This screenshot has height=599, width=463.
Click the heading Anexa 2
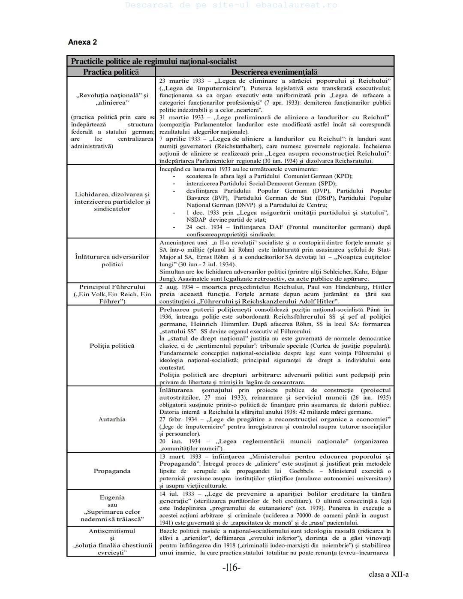coord(82,42)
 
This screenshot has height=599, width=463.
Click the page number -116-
coord(231,568)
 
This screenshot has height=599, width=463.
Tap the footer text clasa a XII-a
coord(388,574)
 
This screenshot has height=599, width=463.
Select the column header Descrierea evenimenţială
coord(274,72)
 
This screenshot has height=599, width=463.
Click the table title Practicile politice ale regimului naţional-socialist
coord(154,61)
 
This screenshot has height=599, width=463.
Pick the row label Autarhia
coord(112,419)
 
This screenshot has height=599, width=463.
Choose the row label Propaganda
coord(112,471)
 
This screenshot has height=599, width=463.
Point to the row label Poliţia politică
coord(112,346)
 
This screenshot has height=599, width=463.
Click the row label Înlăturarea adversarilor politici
coord(112,260)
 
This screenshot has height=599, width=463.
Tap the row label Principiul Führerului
coord(112,287)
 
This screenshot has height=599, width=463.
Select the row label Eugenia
coord(112,497)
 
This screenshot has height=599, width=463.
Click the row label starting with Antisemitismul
coord(112,531)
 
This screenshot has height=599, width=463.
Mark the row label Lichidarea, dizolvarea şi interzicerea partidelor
coord(112,202)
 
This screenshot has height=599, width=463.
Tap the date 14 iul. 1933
coord(177,494)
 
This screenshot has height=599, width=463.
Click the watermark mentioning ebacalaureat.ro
coord(231,5)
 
